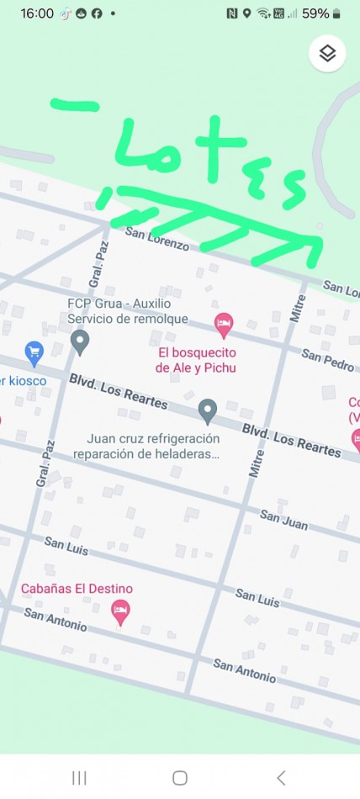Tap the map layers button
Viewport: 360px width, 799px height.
click(328, 54)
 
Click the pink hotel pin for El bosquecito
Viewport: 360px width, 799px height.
click(223, 322)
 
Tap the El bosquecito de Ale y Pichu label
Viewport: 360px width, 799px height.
click(195, 359)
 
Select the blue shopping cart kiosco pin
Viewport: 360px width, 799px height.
click(34, 352)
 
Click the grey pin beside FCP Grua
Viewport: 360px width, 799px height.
click(80, 341)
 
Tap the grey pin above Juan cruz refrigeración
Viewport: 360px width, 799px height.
click(207, 411)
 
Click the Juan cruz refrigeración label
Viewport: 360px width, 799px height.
click(153, 447)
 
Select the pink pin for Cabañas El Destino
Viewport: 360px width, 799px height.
click(121, 611)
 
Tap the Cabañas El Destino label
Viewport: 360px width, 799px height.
click(77, 589)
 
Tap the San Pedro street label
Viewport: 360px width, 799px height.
click(327, 359)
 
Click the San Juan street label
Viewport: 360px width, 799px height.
click(283, 519)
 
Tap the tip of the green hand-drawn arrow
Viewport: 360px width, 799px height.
click(320, 238)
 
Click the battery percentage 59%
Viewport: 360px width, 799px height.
click(315, 13)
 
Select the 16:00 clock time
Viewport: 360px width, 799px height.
click(37, 13)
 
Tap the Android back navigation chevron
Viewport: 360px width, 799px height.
click(281, 777)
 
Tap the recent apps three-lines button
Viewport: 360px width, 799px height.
click(79, 777)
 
